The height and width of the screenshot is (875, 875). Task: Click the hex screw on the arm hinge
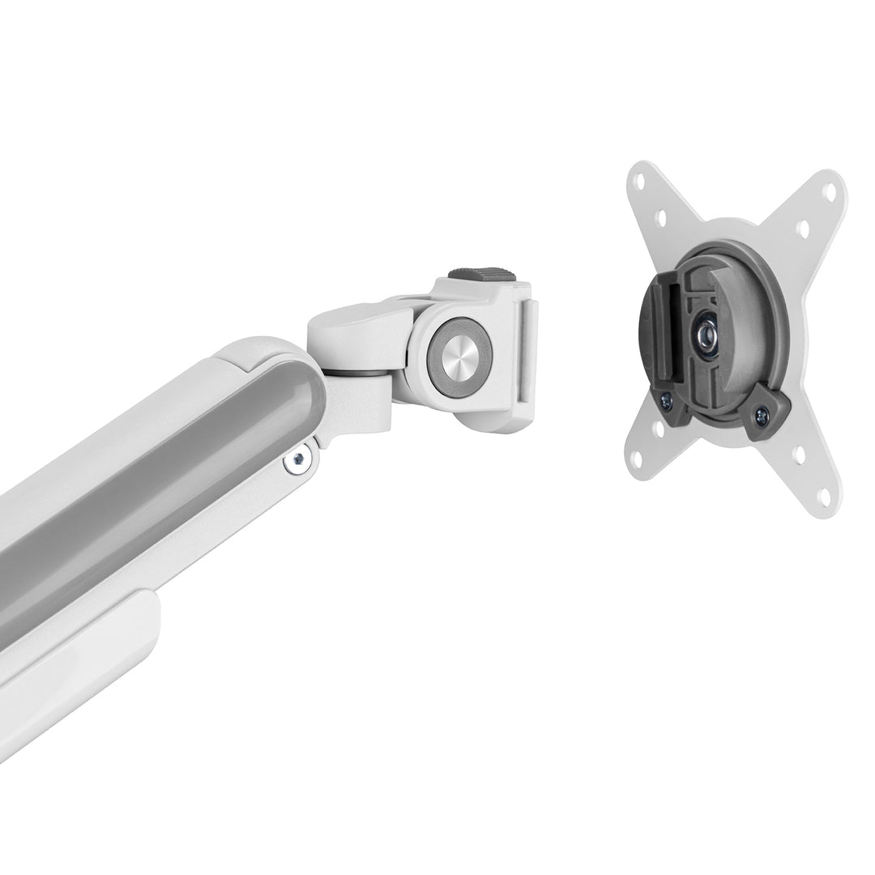click(298, 459)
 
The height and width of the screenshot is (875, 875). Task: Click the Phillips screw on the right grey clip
click(762, 416)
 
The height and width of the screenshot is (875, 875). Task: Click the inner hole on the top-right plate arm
click(803, 230)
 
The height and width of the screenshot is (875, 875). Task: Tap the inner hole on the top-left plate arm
click(660, 217)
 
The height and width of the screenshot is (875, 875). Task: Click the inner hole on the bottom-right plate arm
click(800, 455)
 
